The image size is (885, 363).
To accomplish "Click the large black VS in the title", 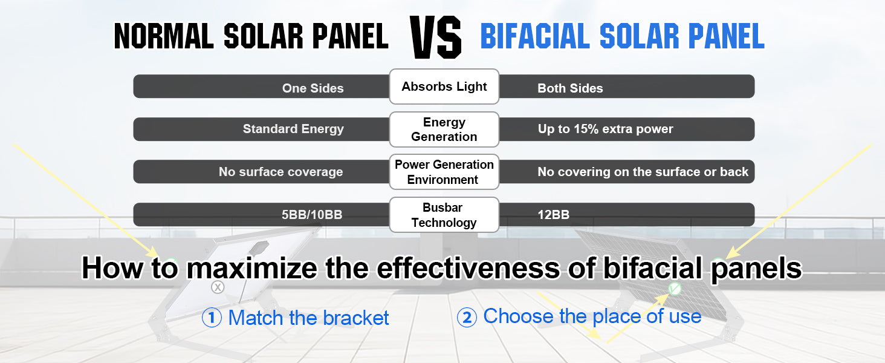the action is [435, 37].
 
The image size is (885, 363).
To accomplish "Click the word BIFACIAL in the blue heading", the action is [534, 36].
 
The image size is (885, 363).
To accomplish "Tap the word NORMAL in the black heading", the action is [164, 36].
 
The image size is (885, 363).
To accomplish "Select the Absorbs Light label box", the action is [444, 87].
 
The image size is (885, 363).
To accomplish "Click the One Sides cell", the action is [261, 87].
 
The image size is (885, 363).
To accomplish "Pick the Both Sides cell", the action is [627, 87].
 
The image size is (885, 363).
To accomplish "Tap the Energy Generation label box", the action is [444, 129].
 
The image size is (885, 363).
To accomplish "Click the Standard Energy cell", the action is [261, 129].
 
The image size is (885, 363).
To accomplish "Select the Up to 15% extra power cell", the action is [627, 129].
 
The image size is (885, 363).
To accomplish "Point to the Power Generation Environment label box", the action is [444, 172].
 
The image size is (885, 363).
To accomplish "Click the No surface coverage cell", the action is [261, 172].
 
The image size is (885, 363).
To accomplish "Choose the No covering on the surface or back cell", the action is [627, 172].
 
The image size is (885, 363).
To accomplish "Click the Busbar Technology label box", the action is [444, 215].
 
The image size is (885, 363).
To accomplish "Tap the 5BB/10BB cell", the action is [261, 215].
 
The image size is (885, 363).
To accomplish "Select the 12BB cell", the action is [627, 215].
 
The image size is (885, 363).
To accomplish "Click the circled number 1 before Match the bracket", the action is [212, 318].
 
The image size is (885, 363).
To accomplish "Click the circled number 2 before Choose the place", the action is [467, 318].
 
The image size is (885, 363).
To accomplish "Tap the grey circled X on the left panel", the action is [218, 287].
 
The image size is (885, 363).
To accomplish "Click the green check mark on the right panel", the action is [675, 289].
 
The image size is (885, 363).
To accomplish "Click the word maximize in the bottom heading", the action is [251, 268].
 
